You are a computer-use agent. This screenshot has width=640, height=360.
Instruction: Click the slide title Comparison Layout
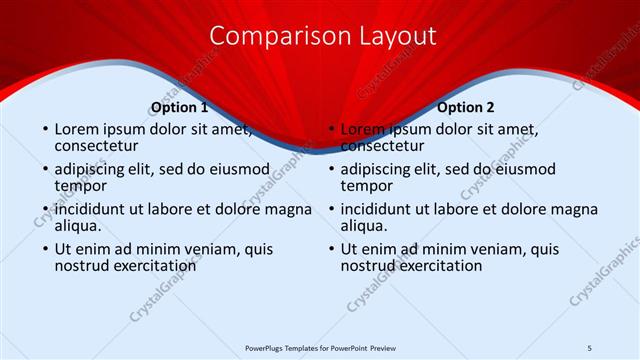(x=323, y=36)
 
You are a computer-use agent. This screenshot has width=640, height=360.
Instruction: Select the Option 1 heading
(x=179, y=107)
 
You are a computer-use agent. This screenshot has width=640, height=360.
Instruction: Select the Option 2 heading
(x=465, y=107)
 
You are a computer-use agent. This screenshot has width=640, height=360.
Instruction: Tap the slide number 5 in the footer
(x=589, y=346)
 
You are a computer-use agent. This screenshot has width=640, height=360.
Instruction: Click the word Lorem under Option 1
(x=76, y=129)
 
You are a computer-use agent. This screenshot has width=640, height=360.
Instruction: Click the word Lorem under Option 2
(x=362, y=129)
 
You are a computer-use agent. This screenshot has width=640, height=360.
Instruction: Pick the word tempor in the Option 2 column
(x=366, y=186)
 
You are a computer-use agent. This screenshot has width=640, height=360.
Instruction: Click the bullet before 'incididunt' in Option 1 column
(x=45, y=210)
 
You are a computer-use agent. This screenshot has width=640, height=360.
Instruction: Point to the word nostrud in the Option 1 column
(x=82, y=266)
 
